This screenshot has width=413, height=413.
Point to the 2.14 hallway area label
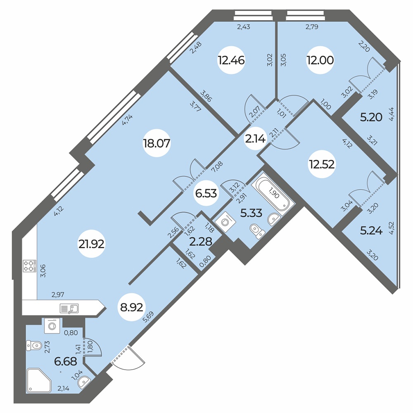[255, 139]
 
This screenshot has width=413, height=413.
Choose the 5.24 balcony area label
[371, 231]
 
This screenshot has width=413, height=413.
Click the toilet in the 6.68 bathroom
[33, 344]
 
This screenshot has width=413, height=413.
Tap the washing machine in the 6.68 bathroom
[52, 326]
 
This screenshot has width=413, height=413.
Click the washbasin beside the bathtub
[273, 218]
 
